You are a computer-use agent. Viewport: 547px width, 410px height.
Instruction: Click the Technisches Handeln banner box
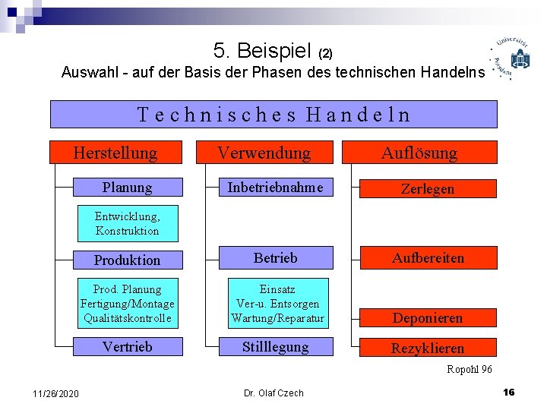pyautogui.click(x=273, y=114)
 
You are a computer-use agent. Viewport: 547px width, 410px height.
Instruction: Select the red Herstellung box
pyautogui.click(x=115, y=153)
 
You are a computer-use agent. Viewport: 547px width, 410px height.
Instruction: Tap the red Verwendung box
pyautogui.click(x=264, y=153)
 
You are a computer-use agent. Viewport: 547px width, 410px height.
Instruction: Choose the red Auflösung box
pyautogui.click(x=419, y=153)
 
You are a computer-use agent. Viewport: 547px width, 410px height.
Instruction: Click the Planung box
pyautogui.click(x=128, y=187)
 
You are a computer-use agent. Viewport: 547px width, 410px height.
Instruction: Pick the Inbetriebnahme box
pyautogui.click(x=275, y=187)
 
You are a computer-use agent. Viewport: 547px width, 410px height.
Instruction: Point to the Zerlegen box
pyautogui.click(x=427, y=188)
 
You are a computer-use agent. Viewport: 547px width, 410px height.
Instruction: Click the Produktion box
pyautogui.click(x=128, y=260)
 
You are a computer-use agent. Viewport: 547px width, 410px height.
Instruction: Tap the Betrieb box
pyautogui.click(x=275, y=258)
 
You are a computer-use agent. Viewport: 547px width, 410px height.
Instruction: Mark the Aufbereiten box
pyautogui.click(x=427, y=258)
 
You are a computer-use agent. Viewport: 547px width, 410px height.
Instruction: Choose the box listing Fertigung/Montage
pyautogui.click(x=128, y=304)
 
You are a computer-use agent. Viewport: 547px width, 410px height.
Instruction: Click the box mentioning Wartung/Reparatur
pyautogui.click(x=277, y=304)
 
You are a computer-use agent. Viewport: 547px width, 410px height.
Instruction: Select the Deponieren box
pyautogui.click(x=427, y=317)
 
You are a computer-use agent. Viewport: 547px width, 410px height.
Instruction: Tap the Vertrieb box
pyautogui.click(x=128, y=347)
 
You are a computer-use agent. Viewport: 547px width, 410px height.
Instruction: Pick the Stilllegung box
pyautogui.click(x=275, y=347)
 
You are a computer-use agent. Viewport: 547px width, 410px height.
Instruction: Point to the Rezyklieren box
pyautogui.click(x=427, y=348)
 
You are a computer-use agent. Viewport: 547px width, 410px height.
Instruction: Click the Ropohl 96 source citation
pyautogui.click(x=470, y=369)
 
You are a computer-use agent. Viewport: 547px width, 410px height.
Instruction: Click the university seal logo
pyautogui.click(x=513, y=58)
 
